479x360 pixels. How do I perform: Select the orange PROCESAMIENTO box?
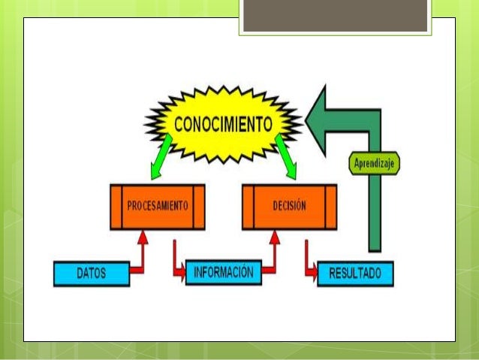click(157, 207)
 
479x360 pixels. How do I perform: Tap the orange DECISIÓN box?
click(289, 207)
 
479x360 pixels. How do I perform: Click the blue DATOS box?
click(92, 274)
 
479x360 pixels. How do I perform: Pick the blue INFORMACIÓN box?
click(224, 271)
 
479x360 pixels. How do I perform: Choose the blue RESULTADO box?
click(355, 274)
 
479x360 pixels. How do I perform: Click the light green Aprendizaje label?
click(375, 162)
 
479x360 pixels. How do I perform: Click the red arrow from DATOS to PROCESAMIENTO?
click(140, 256)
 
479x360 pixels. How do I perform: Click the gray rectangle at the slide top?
click(336, 17)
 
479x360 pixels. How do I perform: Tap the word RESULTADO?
click(355, 274)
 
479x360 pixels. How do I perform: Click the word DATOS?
click(92, 274)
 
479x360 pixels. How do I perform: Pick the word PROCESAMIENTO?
click(157, 205)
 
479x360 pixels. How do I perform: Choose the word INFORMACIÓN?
click(224, 271)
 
